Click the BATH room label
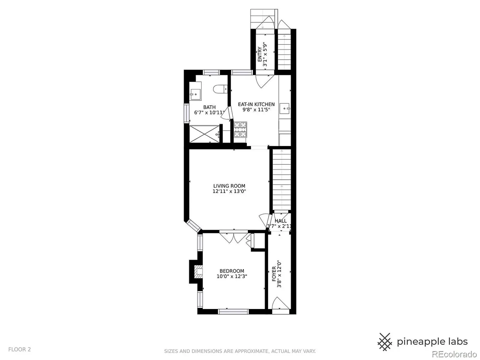tap(209, 107)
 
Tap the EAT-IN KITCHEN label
tap(256, 104)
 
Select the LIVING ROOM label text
tap(229, 186)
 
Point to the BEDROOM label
tap(232, 271)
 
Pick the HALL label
tap(280, 221)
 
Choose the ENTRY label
tap(259, 54)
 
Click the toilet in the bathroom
tap(220, 89)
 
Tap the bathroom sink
tap(195, 94)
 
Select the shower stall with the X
tap(204, 134)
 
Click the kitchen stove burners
tap(240, 129)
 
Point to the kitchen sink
tap(284, 108)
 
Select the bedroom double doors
tap(234, 238)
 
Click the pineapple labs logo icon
tap(384, 342)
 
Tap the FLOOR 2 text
tap(19, 349)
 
